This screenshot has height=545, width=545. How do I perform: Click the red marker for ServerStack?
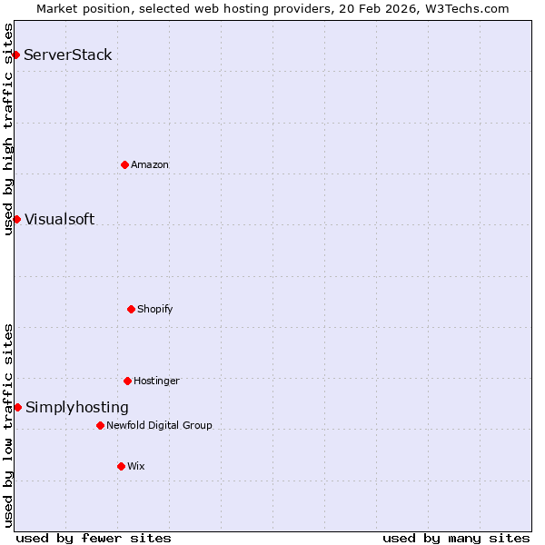(x=15, y=55)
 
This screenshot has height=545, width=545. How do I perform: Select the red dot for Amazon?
(x=124, y=164)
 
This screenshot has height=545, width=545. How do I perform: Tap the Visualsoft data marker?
(x=16, y=219)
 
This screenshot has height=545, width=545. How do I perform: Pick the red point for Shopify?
(x=131, y=309)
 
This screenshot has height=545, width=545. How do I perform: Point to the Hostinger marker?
(x=127, y=381)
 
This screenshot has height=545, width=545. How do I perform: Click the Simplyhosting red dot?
(x=17, y=407)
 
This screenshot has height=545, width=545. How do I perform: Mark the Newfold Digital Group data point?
(x=100, y=425)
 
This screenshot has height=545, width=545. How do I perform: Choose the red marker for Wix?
(x=121, y=466)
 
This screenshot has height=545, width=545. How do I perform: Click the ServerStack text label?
(x=68, y=55)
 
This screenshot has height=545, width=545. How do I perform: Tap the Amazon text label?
(x=150, y=164)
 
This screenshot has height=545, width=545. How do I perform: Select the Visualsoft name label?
(x=59, y=219)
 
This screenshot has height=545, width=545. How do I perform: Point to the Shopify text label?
(x=155, y=309)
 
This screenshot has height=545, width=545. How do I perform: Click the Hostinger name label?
(x=157, y=381)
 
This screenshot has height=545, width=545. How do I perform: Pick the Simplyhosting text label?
(x=77, y=408)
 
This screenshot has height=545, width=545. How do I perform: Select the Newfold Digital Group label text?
(x=159, y=425)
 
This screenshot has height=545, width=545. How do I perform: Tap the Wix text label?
(x=136, y=466)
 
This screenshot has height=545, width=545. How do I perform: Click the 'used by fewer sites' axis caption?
(x=94, y=538)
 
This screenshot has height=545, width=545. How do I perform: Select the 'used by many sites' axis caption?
(x=456, y=538)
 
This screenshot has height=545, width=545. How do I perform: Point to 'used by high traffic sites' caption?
(x=8, y=129)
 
